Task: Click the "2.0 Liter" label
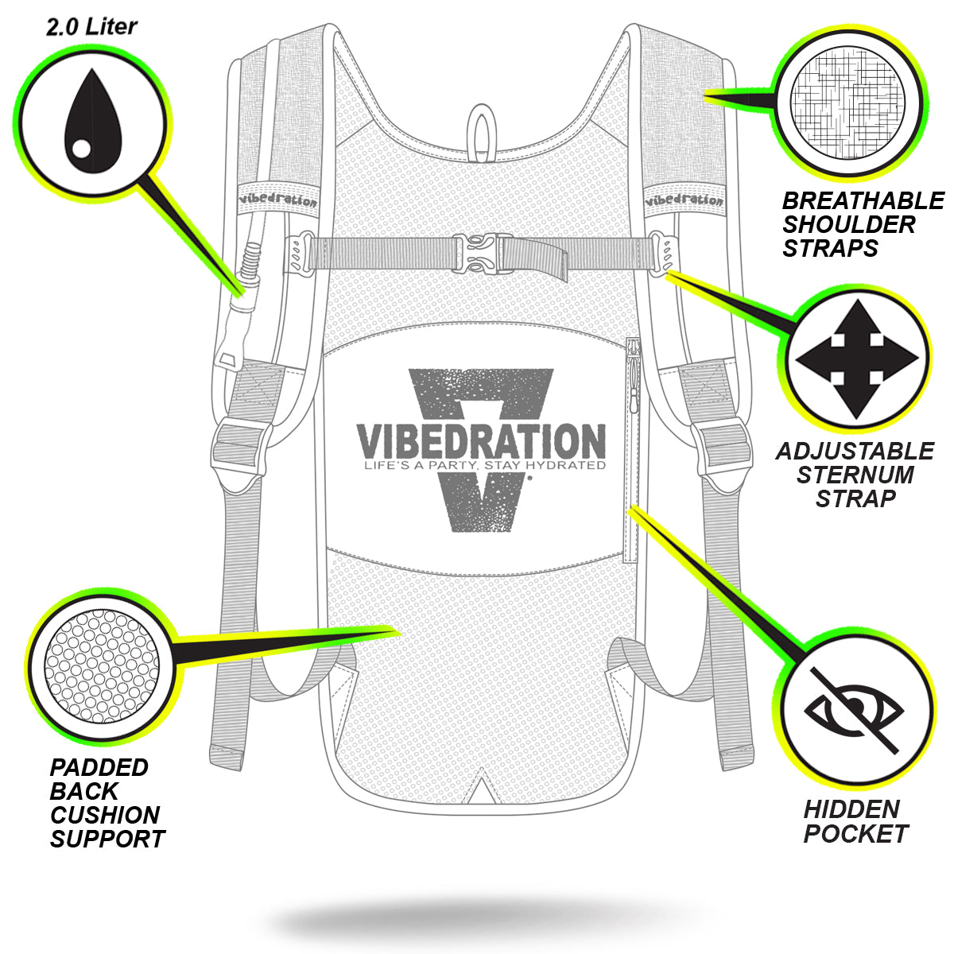[x=91, y=27]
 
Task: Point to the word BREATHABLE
[x=863, y=200]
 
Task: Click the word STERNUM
[x=855, y=475]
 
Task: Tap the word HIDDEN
[x=851, y=809]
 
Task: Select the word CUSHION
[x=105, y=815]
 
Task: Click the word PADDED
[x=99, y=767]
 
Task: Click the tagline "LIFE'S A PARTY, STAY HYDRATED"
[x=480, y=466]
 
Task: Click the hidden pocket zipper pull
[x=634, y=355]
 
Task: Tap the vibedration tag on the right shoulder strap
[x=684, y=199]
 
